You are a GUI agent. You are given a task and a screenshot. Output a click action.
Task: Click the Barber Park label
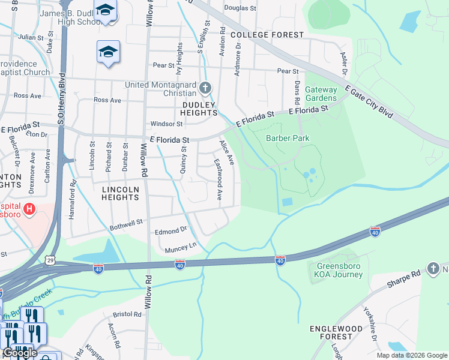288,138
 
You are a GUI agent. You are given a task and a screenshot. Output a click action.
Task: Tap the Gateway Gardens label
321,94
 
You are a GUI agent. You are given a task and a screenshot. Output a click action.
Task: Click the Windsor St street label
166,124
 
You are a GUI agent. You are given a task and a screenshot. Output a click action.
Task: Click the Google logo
20,353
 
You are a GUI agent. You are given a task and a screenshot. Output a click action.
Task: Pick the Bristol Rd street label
127,314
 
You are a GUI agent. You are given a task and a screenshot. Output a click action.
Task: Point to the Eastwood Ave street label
218,179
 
